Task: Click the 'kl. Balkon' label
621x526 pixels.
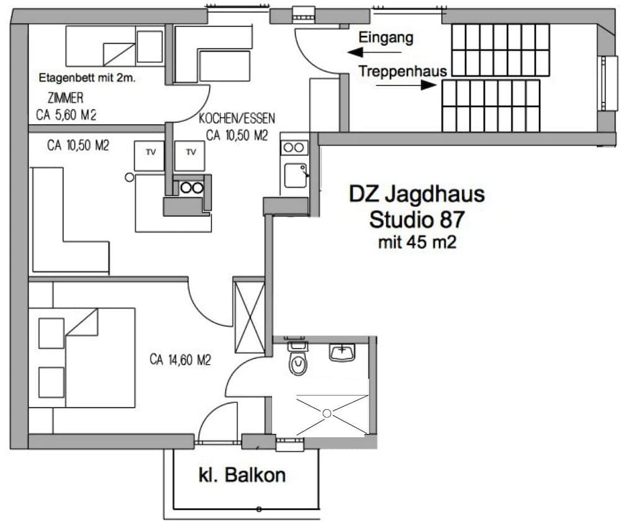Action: pos(242,475)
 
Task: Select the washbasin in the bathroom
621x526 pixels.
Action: pos(342,353)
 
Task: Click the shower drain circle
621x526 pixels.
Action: pos(328,413)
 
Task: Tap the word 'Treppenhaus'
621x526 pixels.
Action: pos(402,72)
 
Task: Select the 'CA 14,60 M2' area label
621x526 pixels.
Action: pos(181,359)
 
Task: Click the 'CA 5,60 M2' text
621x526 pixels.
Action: pos(66,114)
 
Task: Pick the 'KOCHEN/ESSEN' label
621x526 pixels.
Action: pos(237,118)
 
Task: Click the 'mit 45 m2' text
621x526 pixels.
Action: pos(417,242)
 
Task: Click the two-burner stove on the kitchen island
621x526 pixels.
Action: pos(191,186)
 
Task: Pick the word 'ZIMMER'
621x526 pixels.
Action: pos(65,98)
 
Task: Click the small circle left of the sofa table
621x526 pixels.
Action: pos(129,177)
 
